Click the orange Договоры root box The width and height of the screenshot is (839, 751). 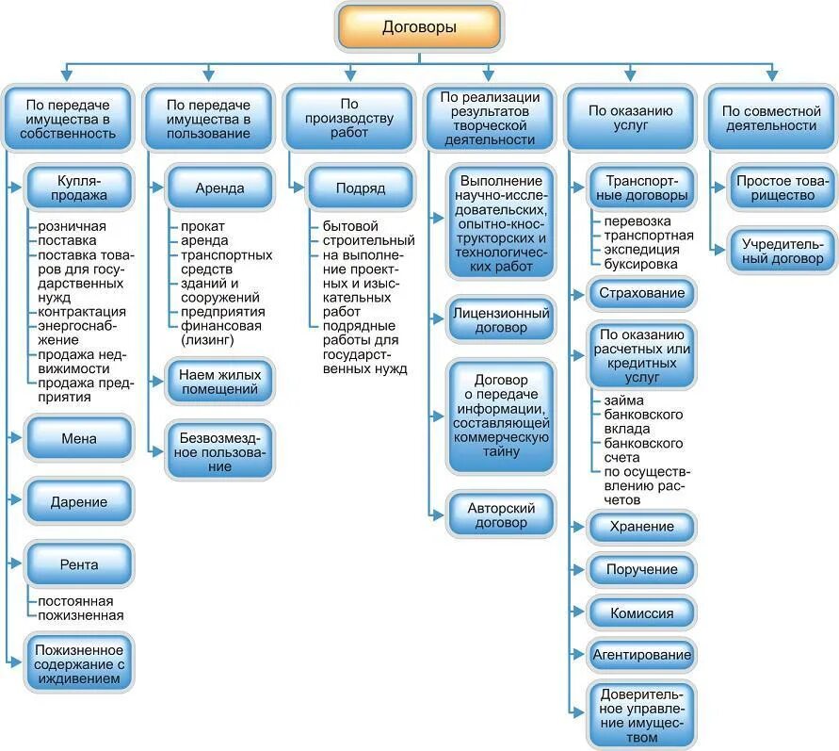419,27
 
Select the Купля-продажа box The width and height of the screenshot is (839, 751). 81,188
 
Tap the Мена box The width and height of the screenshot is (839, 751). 81,438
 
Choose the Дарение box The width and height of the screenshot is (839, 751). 81,502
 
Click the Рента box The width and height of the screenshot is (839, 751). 81,564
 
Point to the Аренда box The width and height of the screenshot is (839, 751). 219,188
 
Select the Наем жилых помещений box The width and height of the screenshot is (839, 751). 219,381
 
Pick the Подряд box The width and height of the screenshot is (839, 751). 361,188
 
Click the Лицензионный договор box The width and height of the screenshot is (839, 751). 501,320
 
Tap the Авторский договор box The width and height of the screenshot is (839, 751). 501,514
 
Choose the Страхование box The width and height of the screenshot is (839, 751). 641,293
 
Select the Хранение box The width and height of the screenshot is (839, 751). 641,527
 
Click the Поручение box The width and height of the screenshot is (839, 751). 643,569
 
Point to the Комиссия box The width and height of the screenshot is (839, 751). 641,612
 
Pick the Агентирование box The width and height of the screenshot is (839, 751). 641,654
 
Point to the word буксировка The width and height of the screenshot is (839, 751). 639,265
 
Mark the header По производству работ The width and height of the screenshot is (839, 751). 348,118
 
